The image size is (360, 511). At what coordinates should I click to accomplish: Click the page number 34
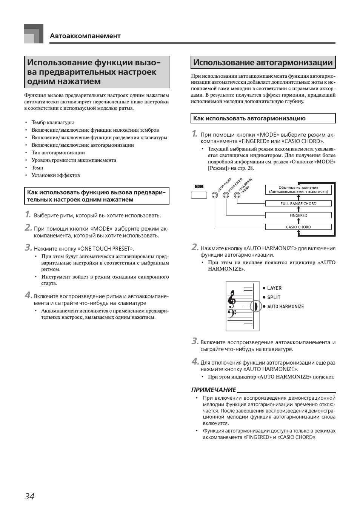tap(29, 496)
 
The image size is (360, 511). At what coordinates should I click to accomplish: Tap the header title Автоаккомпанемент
tap(85, 36)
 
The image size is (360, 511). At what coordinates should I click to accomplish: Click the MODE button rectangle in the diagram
tap(199, 195)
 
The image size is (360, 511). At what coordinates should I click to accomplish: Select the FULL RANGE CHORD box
tap(298, 204)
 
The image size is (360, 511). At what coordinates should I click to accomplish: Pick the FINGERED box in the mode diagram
tap(298, 215)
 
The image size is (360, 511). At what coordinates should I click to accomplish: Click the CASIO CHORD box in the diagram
tap(298, 227)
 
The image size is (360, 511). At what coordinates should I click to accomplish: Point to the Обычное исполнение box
tap(298, 190)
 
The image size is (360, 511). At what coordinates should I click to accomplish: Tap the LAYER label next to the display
tap(274, 288)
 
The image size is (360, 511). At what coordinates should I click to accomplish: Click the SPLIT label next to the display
tap(274, 297)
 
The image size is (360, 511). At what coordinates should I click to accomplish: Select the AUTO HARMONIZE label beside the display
tap(285, 307)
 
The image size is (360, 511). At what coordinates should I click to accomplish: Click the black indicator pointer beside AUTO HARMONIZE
tap(256, 306)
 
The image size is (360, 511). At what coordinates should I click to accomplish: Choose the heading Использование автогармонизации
tap(263, 63)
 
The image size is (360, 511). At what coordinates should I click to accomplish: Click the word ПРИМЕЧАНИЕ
tap(214, 390)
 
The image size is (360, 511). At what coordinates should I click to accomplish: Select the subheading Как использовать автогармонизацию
tap(249, 119)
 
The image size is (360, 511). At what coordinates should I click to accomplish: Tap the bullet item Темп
tap(37, 168)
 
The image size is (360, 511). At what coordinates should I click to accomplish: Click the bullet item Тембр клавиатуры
tap(52, 123)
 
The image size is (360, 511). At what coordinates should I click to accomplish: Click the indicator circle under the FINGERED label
tap(226, 195)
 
